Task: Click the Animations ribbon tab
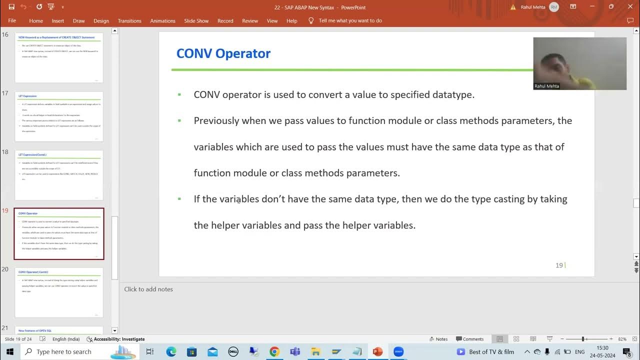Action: click(162, 21)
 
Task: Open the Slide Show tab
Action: click(196, 21)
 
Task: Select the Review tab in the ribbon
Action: click(250, 21)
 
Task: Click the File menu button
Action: click(12, 21)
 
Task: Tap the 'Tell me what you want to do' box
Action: click(350, 21)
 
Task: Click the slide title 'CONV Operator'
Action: click(223, 53)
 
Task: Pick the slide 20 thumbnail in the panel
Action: click(59, 292)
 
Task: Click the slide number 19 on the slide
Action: click(559, 265)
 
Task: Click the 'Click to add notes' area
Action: click(148, 289)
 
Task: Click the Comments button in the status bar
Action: click(469, 339)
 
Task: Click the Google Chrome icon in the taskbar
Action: click(274, 352)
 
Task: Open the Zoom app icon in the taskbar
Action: click(398, 352)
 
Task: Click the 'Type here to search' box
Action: click(64, 352)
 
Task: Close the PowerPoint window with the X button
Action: click(629, 7)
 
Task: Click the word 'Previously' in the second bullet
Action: click(216, 121)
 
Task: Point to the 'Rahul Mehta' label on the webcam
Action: click(546, 86)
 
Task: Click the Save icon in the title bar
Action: click(11, 7)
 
